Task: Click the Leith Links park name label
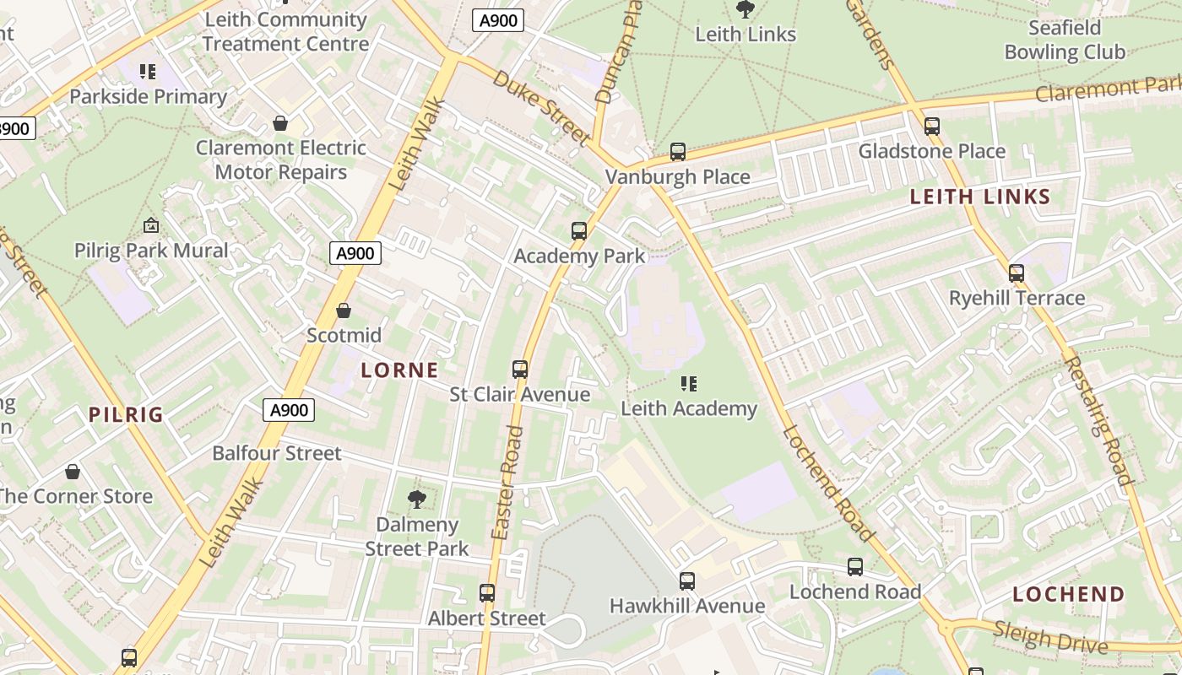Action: [x=745, y=35]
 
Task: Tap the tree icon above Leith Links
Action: [x=745, y=9]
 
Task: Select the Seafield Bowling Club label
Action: [x=1064, y=40]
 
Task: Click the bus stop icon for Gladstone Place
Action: [x=931, y=127]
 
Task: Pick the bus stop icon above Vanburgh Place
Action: [x=677, y=152]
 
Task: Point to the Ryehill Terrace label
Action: [x=1017, y=298]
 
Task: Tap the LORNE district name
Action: [x=399, y=370]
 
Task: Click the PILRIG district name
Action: [x=126, y=414]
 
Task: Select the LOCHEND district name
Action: [x=1068, y=594]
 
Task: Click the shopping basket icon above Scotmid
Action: [x=343, y=310]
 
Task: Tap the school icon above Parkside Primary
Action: [x=148, y=73]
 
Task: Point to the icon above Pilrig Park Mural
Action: [x=151, y=225]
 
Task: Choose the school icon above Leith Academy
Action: [x=689, y=384]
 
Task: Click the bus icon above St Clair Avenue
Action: [x=519, y=370]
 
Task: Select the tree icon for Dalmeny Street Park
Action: [x=416, y=499]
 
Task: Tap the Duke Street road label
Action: [x=540, y=106]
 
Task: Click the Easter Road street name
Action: [x=507, y=483]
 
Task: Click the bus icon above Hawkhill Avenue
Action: [x=686, y=581]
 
